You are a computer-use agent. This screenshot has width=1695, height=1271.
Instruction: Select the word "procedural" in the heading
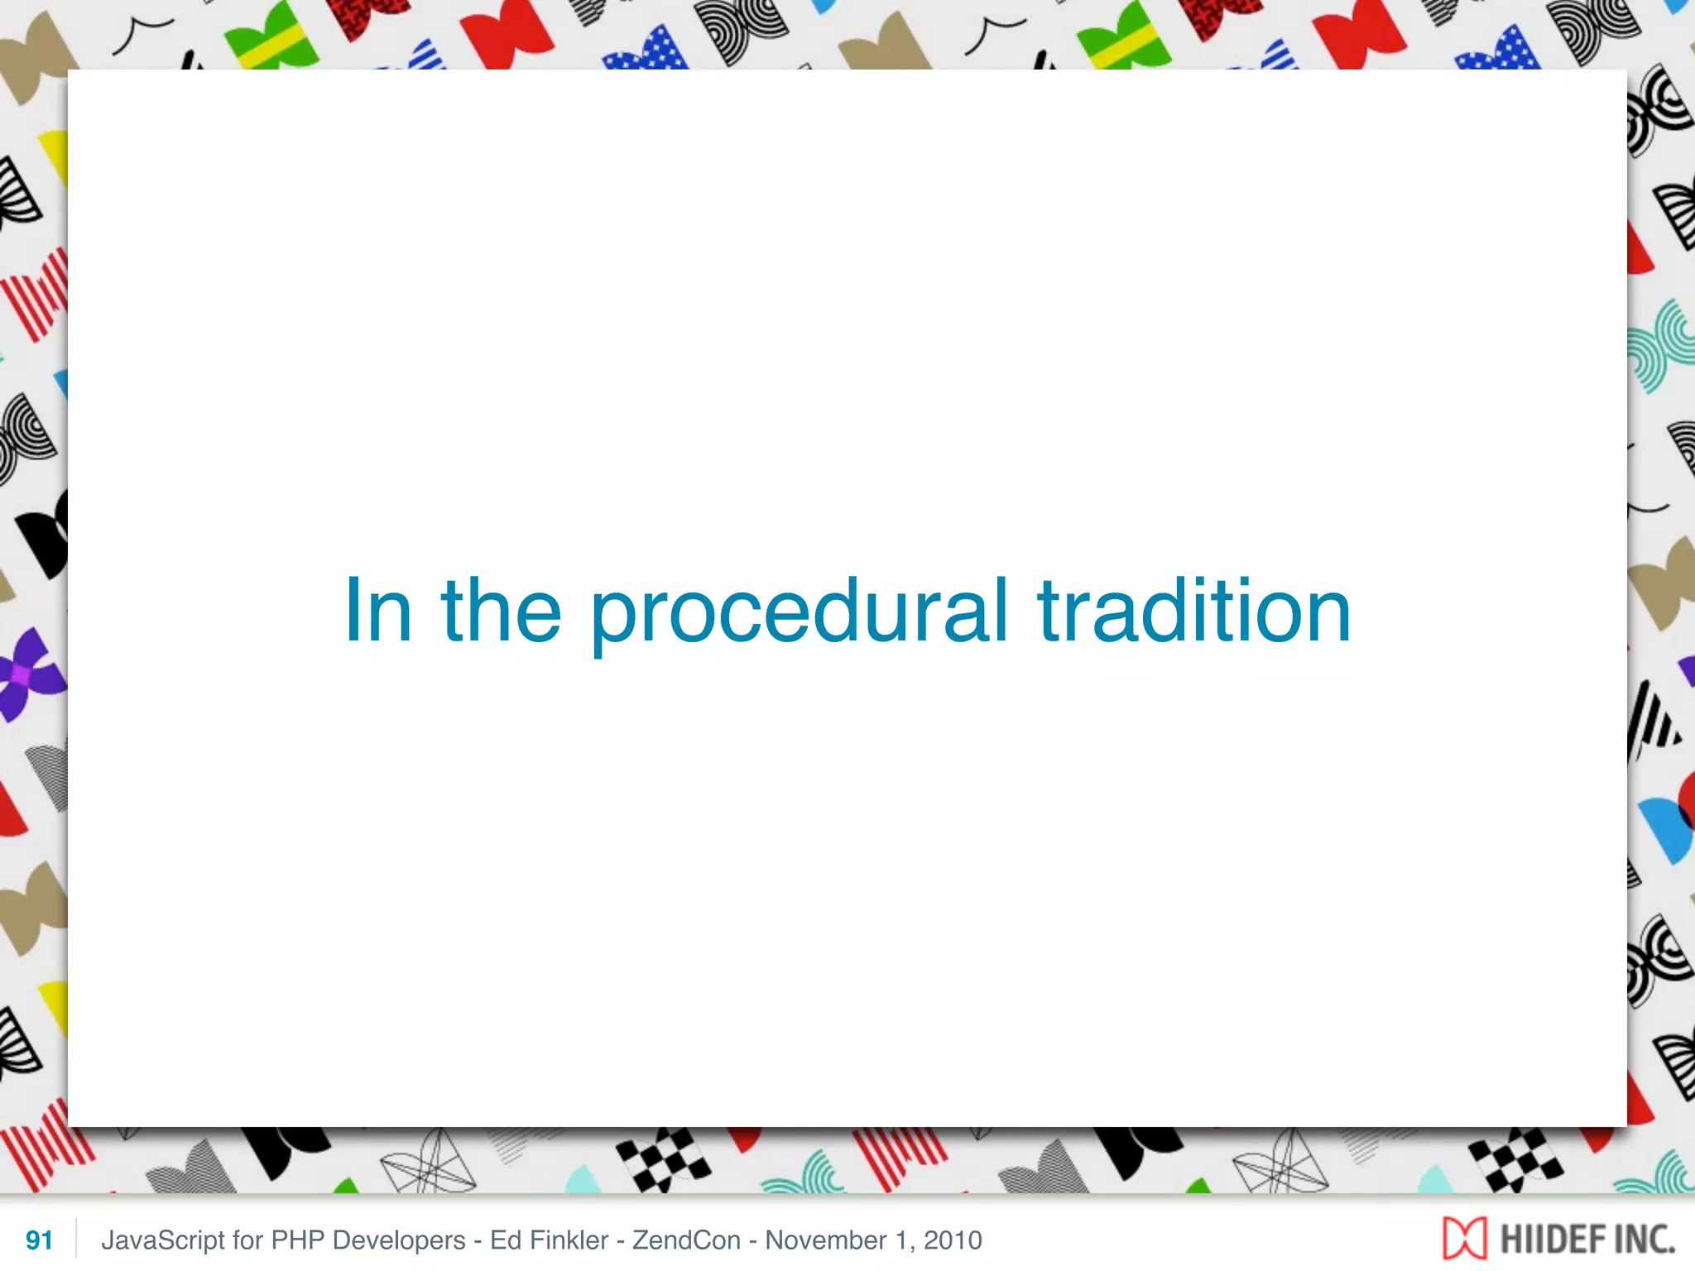click(799, 612)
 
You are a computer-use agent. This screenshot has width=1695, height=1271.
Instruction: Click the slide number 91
click(39, 1240)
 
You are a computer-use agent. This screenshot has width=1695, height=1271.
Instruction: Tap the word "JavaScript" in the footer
click(163, 1240)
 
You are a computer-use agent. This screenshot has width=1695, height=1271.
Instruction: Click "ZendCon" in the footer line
click(686, 1240)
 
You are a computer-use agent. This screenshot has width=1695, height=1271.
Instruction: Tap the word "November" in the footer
click(825, 1240)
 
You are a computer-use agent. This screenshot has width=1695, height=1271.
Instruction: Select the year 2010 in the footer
click(953, 1240)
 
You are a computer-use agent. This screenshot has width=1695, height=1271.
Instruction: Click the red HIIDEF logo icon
click(1464, 1238)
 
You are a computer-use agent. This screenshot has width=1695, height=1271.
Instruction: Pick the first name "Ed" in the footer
click(505, 1240)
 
